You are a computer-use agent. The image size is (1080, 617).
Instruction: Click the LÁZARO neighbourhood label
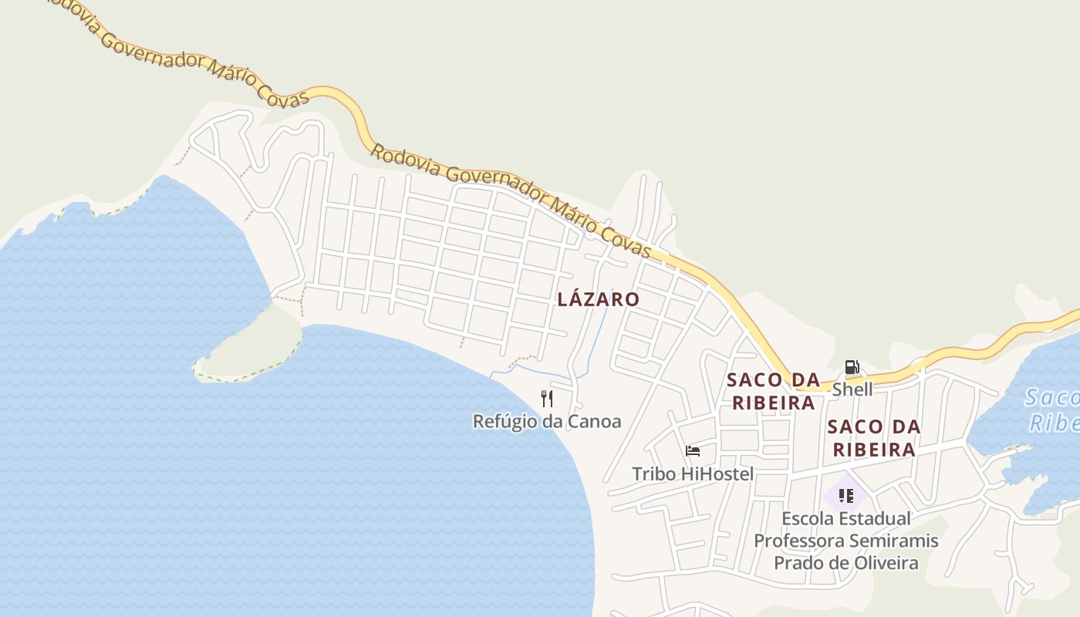598,299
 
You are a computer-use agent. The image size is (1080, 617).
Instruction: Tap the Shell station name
852,389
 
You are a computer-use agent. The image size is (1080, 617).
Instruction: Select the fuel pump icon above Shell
852,367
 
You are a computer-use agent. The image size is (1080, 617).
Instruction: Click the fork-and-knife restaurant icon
547,398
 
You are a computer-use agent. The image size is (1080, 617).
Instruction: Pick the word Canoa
594,421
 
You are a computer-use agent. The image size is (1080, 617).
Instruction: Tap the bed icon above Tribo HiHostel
693,451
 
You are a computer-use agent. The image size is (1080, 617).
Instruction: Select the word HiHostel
717,474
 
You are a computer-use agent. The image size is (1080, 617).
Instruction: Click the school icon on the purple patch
845,495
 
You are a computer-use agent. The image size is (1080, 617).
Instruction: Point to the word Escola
808,518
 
